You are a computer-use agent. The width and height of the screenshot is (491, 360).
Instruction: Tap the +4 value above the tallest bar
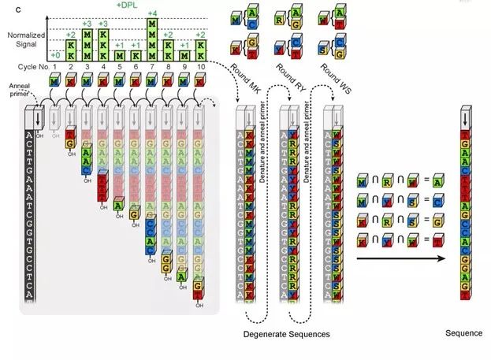click(x=152, y=13)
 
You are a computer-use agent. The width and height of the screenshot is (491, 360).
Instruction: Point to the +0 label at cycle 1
click(x=54, y=54)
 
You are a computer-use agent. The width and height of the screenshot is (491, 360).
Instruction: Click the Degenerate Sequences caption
click(x=286, y=335)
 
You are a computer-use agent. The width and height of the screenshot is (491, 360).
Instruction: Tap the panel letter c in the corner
click(x=7, y=6)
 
